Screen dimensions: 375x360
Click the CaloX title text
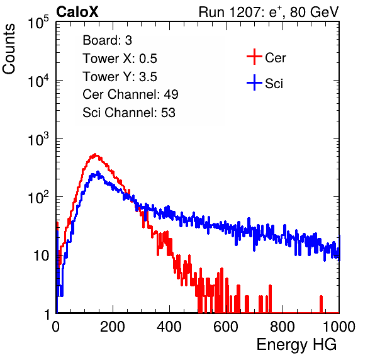pos(77,12)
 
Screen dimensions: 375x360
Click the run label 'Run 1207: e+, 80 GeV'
pos(269,12)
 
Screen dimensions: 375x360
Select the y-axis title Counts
pos(9,49)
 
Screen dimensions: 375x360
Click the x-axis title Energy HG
pos(296,344)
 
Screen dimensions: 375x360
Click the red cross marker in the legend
pos(254,57)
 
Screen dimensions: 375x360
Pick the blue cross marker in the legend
pos(254,82)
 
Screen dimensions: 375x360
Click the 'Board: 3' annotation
pos(107,40)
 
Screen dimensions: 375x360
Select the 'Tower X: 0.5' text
pos(120,59)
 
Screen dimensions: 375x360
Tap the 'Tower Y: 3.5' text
pos(120,77)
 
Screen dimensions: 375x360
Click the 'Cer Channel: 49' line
pos(130,94)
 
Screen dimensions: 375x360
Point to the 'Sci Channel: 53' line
pos(129,113)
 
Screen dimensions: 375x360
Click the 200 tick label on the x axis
pos(113,327)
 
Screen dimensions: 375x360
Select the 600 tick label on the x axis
pos(226,327)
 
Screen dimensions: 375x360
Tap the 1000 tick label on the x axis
pos(339,327)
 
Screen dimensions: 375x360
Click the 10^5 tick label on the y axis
pos(38,23)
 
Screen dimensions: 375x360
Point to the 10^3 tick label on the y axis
pos(38,140)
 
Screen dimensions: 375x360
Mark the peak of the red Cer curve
pos(95,154)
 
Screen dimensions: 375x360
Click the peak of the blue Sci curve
pos(98,172)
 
